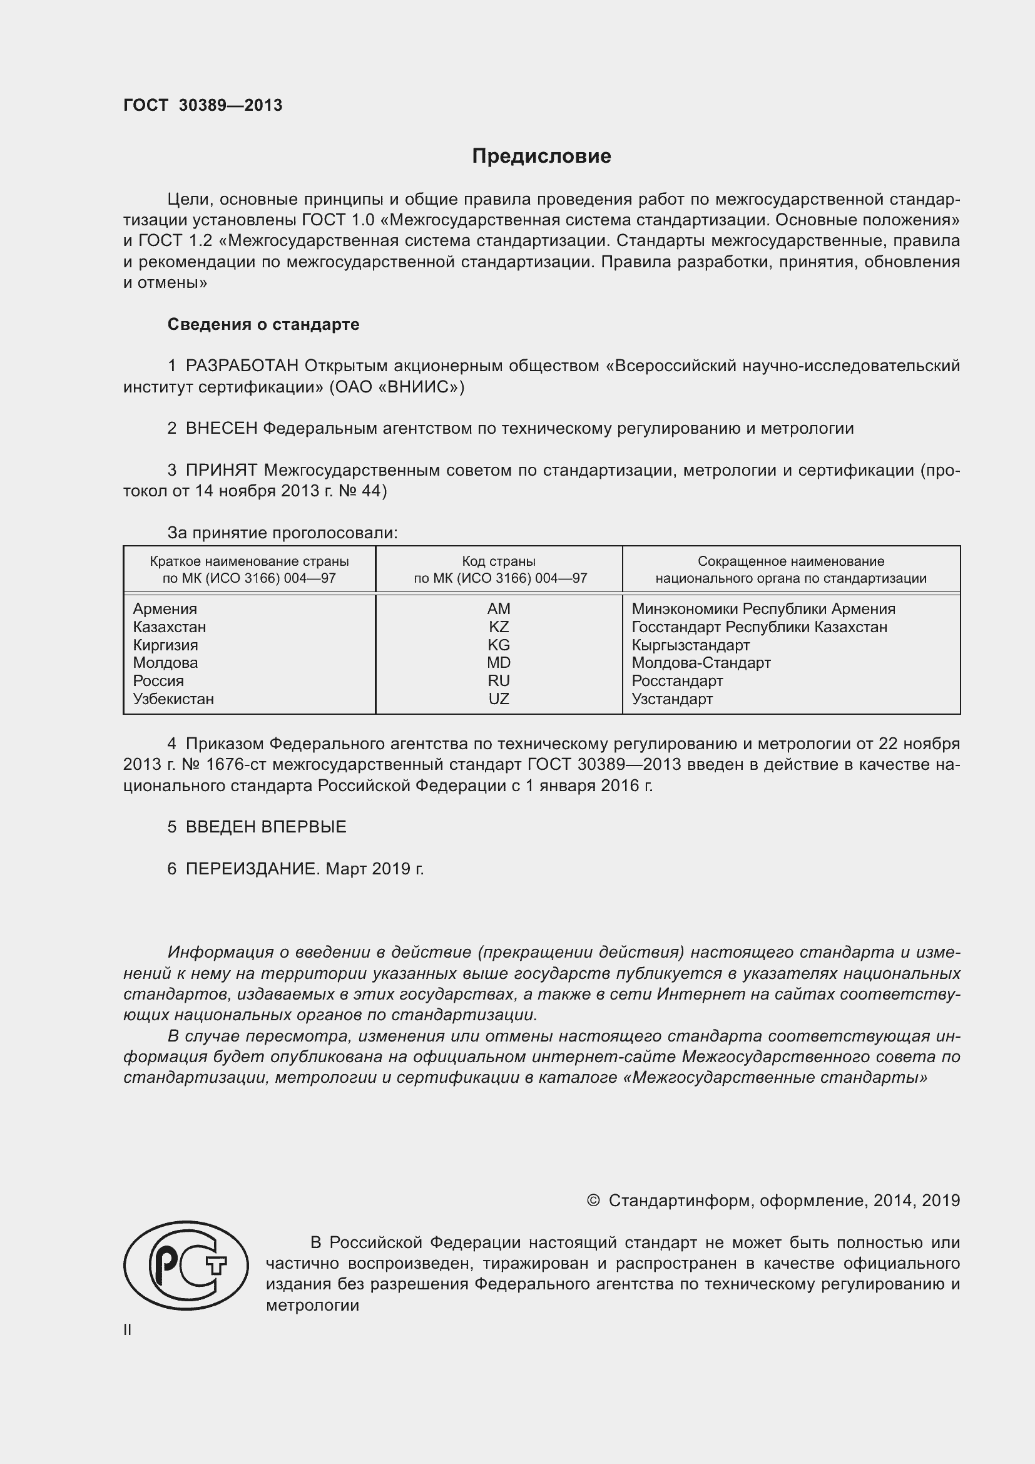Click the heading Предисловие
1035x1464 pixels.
pyautogui.click(x=541, y=156)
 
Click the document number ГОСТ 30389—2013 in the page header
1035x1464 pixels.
pyautogui.click(x=203, y=105)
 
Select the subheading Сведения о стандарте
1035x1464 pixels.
pyautogui.click(x=263, y=325)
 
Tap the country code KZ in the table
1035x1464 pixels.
pyautogui.click(x=498, y=627)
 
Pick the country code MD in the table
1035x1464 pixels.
pyautogui.click(x=498, y=662)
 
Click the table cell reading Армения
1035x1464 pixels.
pyautogui.click(x=165, y=609)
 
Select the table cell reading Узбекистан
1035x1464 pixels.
pyautogui.click(x=173, y=699)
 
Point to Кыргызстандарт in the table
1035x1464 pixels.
pyautogui.click(x=691, y=645)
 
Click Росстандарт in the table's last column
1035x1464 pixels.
pyautogui.click(x=678, y=681)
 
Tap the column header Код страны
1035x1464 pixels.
pyautogui.click(x=498, y=561)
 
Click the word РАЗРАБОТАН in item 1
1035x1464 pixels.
pyautogui.click(x=242, y=366)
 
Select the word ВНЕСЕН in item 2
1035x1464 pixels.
pyautogui.click(x=221, y=429)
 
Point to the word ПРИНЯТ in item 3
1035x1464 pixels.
pyautogui.click(x=221, y=471)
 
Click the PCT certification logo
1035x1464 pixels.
pyautogui.click(x=186, y=1266)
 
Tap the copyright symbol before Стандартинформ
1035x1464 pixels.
pyautogui.click(x=593, y=1200)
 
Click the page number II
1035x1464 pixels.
pyautogui.click(x=128, y=1330)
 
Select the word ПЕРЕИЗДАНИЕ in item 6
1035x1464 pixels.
pyautogui.click(x=252, y=869)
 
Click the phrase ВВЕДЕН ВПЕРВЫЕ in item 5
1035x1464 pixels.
pyautogui.click(x=266, y=827)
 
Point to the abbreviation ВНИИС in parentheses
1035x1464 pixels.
pyautogui.click(x=421, y=387)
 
